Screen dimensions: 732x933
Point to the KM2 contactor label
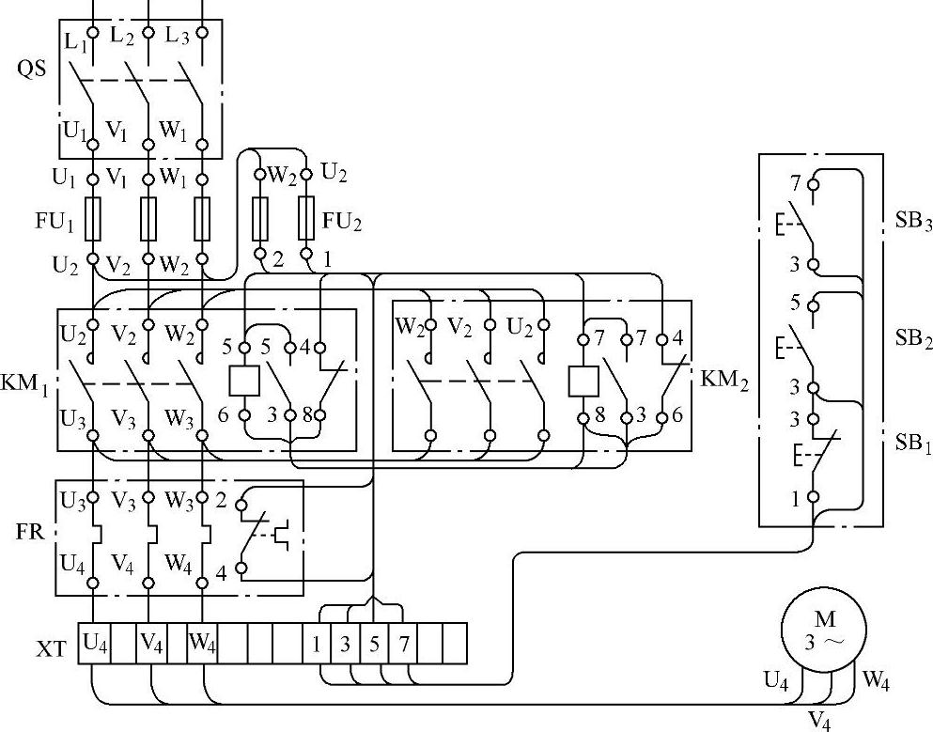(725, 381)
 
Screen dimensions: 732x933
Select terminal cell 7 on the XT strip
(403, 645)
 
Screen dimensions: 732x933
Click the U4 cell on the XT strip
(94, 644)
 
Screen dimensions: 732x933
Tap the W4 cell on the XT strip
(202, 644)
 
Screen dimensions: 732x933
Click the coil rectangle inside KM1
(244, 380)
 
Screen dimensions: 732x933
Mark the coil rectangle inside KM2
(583, 380)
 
